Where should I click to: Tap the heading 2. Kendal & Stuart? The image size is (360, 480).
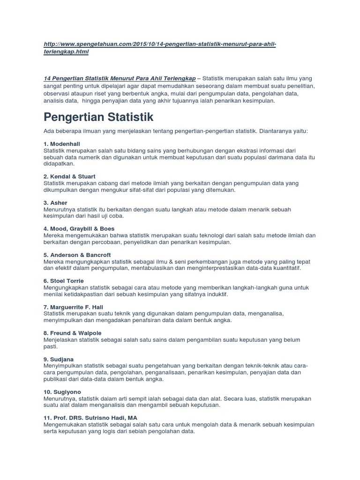pos(69,176)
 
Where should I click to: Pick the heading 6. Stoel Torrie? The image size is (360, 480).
pos(64,280)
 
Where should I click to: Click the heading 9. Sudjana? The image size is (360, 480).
pos(59,359)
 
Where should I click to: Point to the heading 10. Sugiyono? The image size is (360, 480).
pos(62,391)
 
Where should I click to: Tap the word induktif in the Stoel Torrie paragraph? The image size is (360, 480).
pos(217,294)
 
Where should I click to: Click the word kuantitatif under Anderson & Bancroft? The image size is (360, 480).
pos(284,269)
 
